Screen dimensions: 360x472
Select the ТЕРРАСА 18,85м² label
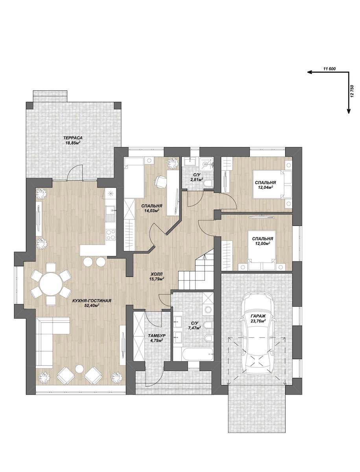pos(73,140)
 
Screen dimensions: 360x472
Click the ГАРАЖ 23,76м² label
pos(258,318)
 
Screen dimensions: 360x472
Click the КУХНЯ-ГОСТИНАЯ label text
pos(92,301)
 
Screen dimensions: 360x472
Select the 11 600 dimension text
pos(329,69)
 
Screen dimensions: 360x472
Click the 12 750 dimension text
pos(352,91)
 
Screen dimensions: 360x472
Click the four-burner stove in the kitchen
pos(111,234)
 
